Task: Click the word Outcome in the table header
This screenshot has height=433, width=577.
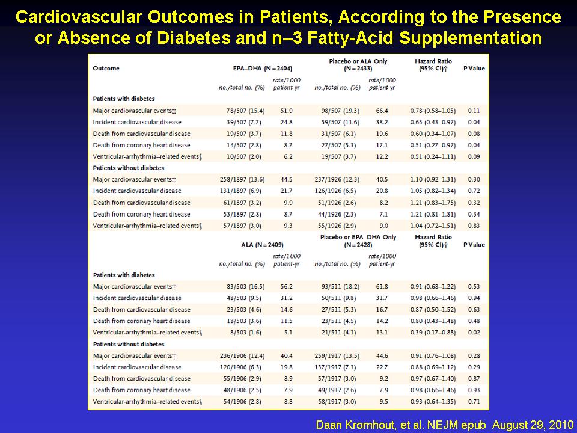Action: [x=106, y=68]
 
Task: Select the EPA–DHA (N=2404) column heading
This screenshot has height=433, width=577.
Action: [x=263, y=68]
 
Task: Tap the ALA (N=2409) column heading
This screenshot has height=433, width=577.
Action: [x=263, y=245]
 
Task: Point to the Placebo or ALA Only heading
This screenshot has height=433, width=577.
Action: [x=358, y=61]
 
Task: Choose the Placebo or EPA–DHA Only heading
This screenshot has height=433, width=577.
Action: [x=358, y=237]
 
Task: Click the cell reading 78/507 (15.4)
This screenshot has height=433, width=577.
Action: [x=245, y=111]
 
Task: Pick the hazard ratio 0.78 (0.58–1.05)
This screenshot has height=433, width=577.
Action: [x=433, y=111]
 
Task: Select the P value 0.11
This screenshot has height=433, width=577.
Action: [x=474, y=111]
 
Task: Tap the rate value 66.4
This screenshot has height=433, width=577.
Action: [x=382, y=111]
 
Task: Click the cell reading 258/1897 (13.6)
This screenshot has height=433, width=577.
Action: [x=242, y=179]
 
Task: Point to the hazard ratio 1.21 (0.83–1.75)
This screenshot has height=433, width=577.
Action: [x=433, y=203]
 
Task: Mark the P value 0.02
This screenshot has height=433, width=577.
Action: [x=474, y=332]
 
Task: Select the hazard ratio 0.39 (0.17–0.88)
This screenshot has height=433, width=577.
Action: [x=433, y=332]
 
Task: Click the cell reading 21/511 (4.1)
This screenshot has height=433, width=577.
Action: [x=338, y=332]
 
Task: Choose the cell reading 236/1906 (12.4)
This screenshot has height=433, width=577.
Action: [x=242, y=355]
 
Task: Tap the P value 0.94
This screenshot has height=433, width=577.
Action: [x=474, y=298]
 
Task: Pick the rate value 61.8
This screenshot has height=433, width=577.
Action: [x=382, y=286]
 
